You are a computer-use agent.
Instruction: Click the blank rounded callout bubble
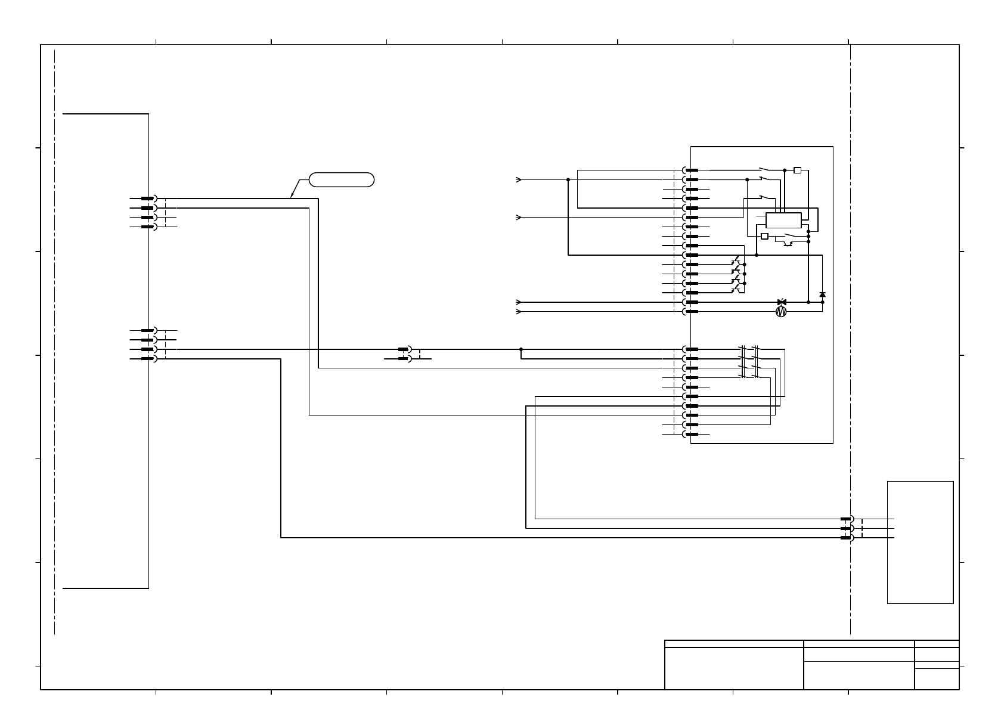342,179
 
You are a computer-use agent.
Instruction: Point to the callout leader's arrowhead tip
291,197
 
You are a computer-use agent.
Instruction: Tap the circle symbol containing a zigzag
782,311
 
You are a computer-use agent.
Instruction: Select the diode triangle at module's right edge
823,294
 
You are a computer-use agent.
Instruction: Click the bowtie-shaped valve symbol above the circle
782,302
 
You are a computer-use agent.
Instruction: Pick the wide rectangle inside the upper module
783,219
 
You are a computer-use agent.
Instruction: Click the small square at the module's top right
798,170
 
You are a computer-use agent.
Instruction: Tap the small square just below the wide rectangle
764,235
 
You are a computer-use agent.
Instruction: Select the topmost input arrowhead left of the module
519,179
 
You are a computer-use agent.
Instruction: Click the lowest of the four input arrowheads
519,311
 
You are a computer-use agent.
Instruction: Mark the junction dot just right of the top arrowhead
568,179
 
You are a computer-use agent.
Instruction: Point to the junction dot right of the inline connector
521,349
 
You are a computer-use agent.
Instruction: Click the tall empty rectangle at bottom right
920,542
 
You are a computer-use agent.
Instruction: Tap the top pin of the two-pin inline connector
404,349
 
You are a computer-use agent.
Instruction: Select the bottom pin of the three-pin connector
845,538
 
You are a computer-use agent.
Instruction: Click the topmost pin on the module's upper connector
692,170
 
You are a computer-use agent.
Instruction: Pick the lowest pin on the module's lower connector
692,434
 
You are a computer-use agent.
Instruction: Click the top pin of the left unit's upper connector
147,199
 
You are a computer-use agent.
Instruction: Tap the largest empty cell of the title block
734,668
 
